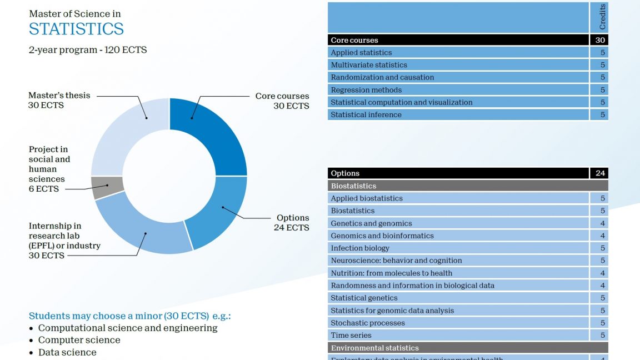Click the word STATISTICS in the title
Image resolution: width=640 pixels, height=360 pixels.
pyautogui.click(x=76, y=29)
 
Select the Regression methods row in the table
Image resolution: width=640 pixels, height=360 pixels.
pyautogui.click(x=366, y=90)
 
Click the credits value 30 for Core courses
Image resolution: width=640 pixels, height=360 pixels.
pyautogui.click(x=600, y=40)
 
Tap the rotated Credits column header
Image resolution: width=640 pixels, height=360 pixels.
pyautogui.click(x=602, y=17)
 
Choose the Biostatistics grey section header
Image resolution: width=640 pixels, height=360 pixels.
pyautogui.click(x=353, y=186)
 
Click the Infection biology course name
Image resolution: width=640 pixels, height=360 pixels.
pyautogui.click(x=360, y=248)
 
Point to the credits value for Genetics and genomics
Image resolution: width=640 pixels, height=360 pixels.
pyautogui.click(x=603, y=223)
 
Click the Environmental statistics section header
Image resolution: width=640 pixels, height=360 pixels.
pyautogui.click(x=374, y=348)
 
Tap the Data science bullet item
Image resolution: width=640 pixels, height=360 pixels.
pyautogui.click(x=67, y=352)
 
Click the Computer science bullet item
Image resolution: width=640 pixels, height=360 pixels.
pyautogui.click(x=79, y=340)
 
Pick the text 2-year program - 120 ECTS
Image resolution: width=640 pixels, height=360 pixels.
pyautogui.click(x=88, y=49)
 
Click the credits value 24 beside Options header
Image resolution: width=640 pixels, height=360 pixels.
pyautogui.click(x=600, y=173)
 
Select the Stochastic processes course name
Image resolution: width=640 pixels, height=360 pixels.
pyautogui.click(x=368, y=323)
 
